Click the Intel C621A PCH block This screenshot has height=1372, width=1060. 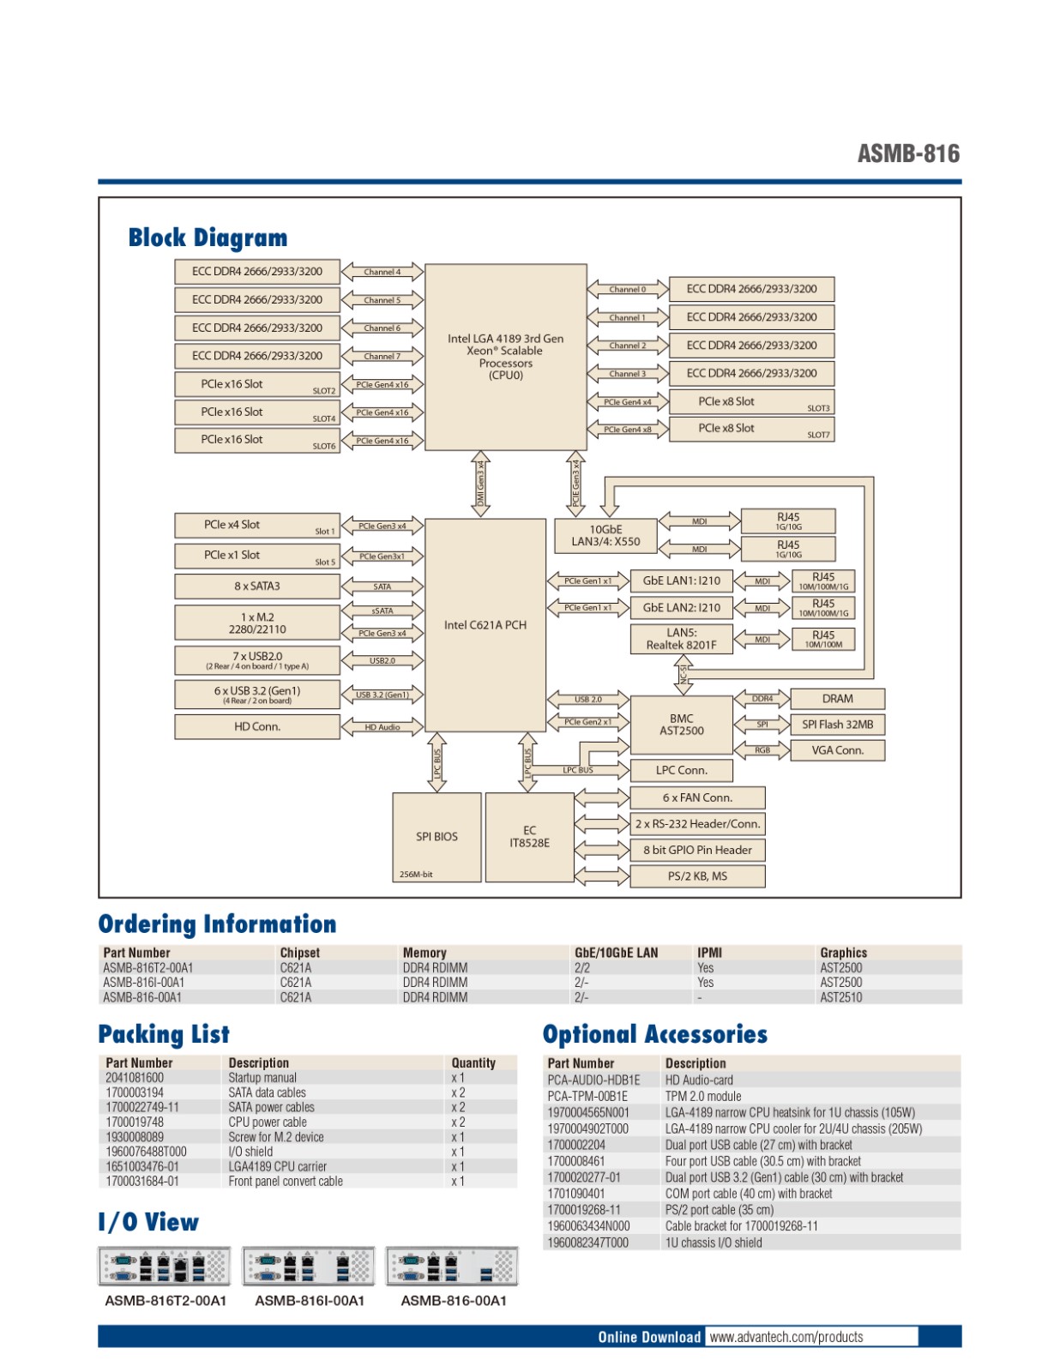click(485, 625)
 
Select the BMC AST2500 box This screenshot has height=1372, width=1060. click(681, 725)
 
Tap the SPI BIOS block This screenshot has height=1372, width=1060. click(437, 837)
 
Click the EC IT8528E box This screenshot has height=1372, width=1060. click(529, 837)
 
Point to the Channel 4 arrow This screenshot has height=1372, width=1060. click(382, 272)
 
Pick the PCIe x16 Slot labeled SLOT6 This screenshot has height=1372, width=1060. click(257, 440)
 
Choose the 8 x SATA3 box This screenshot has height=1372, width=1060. click(257, 587)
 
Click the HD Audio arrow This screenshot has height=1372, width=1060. click(382, 727)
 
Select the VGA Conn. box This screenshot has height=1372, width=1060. click(837, 750)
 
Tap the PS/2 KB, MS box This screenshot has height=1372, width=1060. click(697, 876)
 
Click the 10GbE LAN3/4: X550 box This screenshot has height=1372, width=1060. click(605, 536)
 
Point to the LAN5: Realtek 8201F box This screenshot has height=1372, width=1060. click(681, 639)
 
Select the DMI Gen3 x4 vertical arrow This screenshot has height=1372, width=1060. click(481, 484)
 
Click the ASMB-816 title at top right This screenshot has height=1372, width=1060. click(908, 154)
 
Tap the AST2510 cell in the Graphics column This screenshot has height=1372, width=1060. click(840, 997)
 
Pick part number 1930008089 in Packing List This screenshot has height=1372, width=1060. click(135, 1137)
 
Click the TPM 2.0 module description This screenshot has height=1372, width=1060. click(703, 1097)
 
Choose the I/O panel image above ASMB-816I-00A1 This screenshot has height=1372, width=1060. click(309, 1266)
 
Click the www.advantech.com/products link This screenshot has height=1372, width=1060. click(786, 1337)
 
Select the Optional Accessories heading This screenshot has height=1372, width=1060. click(654, 1034)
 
